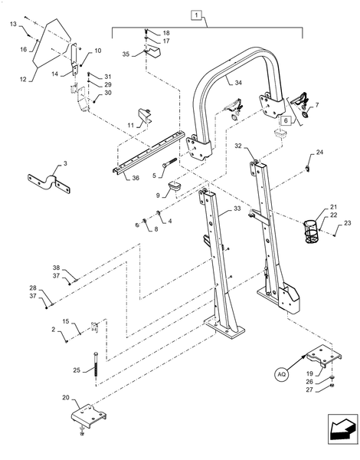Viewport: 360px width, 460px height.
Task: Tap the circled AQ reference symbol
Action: [281, 374]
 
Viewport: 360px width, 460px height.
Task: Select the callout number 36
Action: [136, 179]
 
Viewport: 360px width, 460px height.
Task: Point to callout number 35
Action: [127, 54]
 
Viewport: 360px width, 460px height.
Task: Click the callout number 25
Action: [77, 370]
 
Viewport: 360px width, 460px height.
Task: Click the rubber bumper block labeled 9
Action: [174, 187]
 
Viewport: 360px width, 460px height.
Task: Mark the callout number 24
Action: [319, 153]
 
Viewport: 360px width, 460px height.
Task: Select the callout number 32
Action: [239, 146]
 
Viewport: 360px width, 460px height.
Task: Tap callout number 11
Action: [130, 125]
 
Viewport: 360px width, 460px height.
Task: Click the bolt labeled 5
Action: [169, 163]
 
